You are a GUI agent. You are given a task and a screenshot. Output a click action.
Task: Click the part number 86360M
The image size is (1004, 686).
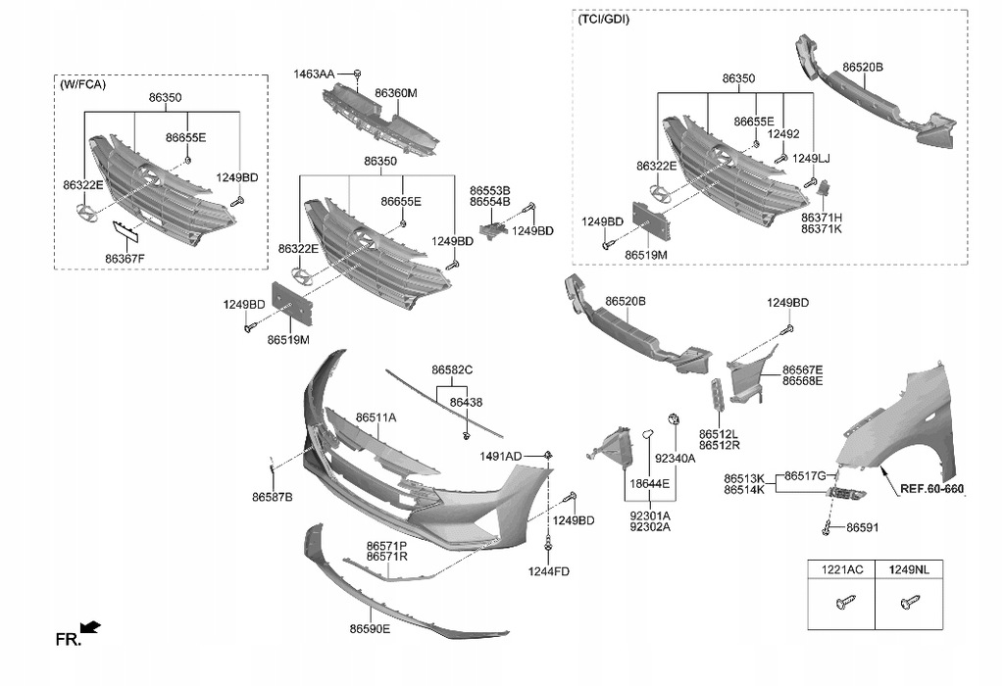[396, 93]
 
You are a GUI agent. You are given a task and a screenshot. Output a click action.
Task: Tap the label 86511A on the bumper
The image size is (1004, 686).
[376, 417]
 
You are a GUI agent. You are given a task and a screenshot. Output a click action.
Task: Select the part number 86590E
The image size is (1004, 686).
[370, 629]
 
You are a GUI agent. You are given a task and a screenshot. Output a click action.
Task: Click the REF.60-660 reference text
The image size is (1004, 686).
[931, 488]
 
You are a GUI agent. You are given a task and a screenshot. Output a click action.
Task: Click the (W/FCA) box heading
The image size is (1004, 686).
[83, 85]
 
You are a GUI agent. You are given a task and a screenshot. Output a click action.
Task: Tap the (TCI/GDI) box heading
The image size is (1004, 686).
[604, 19]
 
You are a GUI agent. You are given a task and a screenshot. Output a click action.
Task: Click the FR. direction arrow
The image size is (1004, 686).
[91, 627]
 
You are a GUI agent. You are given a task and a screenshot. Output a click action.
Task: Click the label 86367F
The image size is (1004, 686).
[125, 259]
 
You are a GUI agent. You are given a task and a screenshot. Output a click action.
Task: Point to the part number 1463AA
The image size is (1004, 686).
[314, 73]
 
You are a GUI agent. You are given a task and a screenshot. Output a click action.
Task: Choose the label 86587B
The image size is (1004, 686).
[272, 498]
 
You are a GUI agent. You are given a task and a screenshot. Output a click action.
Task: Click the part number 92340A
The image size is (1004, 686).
[675, 459]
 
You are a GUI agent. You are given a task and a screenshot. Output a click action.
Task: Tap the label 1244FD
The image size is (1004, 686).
[549, 571]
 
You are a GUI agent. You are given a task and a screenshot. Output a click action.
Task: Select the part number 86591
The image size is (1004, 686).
[862, 527]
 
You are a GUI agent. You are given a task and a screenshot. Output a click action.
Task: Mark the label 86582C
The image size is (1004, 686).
[452, 369]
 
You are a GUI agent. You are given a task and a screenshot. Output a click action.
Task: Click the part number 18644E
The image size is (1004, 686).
[649, 484]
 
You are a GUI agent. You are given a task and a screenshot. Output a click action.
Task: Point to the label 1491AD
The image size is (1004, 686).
[501, 457]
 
